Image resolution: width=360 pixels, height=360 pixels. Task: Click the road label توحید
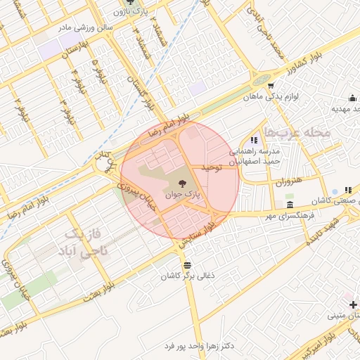coord(211,167)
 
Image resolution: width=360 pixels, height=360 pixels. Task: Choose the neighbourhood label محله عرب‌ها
coord(292,133)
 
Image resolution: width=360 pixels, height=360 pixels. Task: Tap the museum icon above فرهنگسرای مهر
coord(290,205)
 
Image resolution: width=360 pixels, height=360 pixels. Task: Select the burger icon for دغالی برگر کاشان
coord(187,265)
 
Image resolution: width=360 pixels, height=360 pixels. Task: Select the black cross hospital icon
coord(354,304)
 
